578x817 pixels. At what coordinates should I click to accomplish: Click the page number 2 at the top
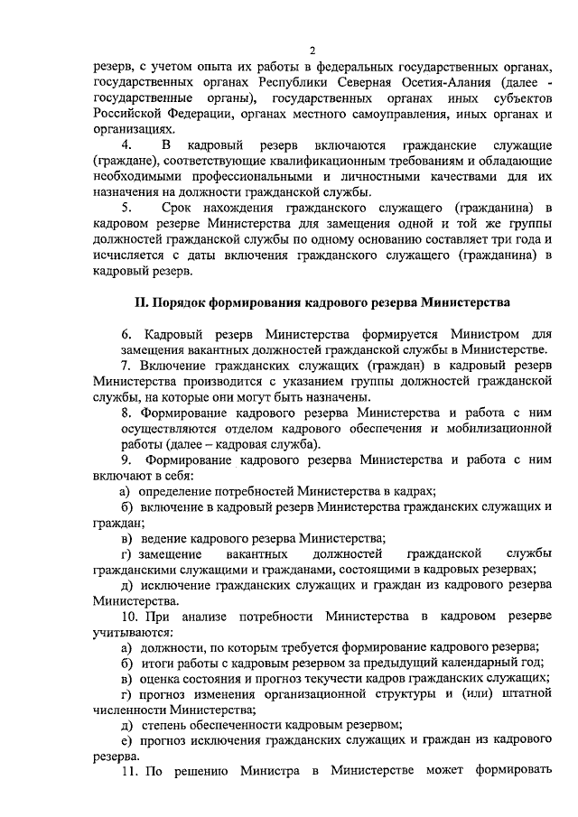(x=312, y=51)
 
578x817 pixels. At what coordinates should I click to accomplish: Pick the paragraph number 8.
(x=127, y=413)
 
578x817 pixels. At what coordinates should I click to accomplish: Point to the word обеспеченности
(x=231, y=726)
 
